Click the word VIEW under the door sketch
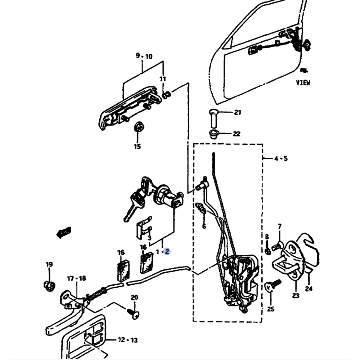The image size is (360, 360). point(303,82)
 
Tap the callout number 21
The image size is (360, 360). point(237,113)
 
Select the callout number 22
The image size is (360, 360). point(236,134)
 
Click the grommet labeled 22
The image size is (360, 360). point(214,135)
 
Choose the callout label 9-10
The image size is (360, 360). point(144,56)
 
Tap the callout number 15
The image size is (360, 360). point(137,147)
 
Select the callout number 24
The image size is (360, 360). point(309,288)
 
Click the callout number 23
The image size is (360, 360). point(296,296)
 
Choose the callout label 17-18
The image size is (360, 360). point(76,278)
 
